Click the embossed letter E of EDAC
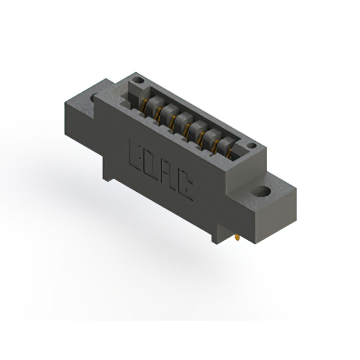coord(137,156)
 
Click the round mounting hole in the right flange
coord(261,192)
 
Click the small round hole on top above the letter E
coord(138,80)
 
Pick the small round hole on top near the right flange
coord(252,146)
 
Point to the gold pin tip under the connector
coord(237,238)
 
